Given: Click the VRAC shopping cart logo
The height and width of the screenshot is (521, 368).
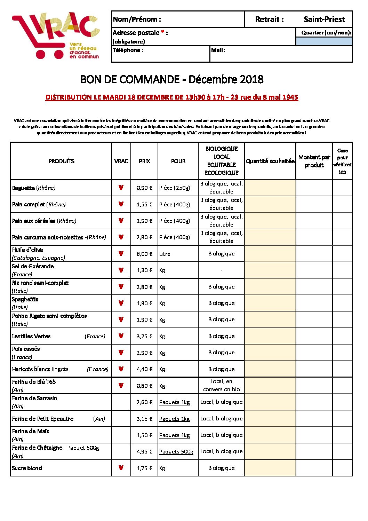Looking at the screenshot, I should (x=56, y=36).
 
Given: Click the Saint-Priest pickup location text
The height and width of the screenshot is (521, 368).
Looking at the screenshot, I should (x=324, y=19).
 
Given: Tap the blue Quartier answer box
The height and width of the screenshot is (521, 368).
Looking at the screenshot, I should (x=324, y=41).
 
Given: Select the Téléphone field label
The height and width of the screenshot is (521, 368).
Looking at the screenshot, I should (x=127, y=50).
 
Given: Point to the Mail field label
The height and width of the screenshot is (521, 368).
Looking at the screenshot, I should (x=218, y=50).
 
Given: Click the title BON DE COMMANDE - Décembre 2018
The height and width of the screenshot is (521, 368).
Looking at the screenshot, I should (x=172, y=79).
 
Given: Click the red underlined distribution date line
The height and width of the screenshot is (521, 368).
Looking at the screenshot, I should (x=172, y=97).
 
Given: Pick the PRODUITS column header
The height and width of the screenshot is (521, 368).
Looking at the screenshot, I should (x=61, y=161).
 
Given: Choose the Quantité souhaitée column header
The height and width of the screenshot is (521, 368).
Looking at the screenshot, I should (x=270, y=161).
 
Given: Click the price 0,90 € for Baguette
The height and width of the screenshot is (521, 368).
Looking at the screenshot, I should (x=144, y=188).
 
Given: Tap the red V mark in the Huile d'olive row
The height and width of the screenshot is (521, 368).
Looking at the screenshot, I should (x=121, y=254).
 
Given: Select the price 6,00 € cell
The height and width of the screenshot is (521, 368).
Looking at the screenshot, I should (x=144, y=254).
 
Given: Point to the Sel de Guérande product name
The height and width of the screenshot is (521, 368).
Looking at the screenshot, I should (x=33, y=267).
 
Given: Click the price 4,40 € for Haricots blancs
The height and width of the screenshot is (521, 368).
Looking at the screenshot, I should (x=144, y=369).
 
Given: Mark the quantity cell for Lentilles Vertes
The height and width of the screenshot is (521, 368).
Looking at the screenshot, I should (x=270, y=336).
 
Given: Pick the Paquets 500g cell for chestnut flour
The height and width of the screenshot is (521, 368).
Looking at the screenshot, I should (x=176, y=452).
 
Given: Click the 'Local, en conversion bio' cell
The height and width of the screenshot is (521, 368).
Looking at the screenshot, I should (x=222, y=386).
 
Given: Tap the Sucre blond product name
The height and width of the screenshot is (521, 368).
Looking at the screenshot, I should (x=27, y=468).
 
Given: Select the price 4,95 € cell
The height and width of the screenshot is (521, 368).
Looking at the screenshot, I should (x=144, y=452).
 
